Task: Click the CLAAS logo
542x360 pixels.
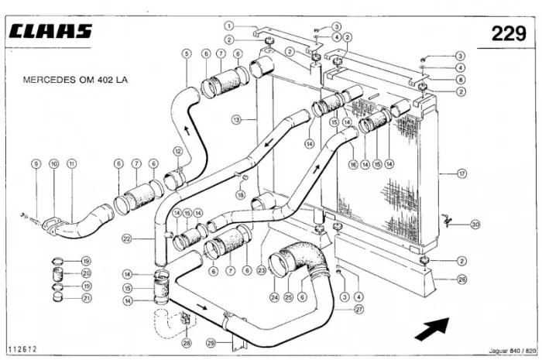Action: tap(52, 32)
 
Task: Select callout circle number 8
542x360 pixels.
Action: tap(461, 79)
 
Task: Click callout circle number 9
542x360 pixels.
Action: tap(36, 163)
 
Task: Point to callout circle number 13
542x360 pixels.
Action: tap(236, 120)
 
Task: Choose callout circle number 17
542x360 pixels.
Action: tap(462, 174)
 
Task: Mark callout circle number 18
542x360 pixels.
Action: tap(241, 195)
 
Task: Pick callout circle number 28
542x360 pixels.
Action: tap(186, 342)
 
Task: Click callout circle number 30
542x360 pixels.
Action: tap(475, 224)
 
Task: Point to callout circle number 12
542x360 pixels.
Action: tap(177, 151)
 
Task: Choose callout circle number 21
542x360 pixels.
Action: tap(87, 298)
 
